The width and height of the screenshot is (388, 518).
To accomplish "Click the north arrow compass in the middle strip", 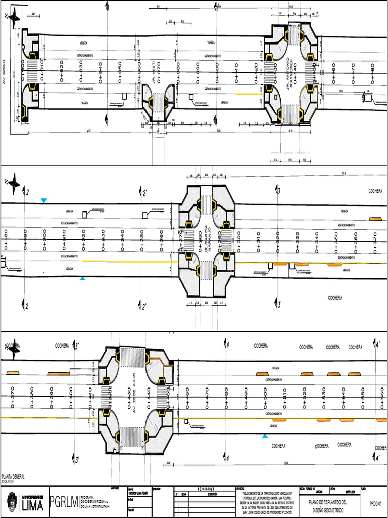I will pos(14,181).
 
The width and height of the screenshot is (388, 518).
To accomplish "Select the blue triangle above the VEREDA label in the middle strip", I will pos(44,201).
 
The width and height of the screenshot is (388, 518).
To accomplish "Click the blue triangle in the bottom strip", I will pos(265,436).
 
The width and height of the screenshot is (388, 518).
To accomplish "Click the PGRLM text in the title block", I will pos(65,502).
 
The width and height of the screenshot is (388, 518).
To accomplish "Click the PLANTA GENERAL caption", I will pos(14,477).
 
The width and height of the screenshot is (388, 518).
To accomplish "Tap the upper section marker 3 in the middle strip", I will pos(278,190).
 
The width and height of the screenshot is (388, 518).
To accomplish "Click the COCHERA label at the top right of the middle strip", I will pos(375,191).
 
